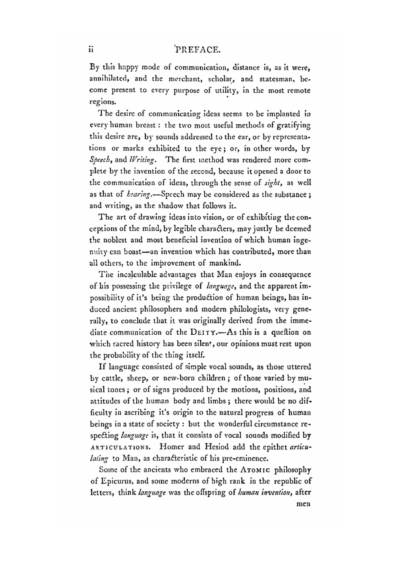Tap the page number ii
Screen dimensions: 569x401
tap(91, 50)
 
